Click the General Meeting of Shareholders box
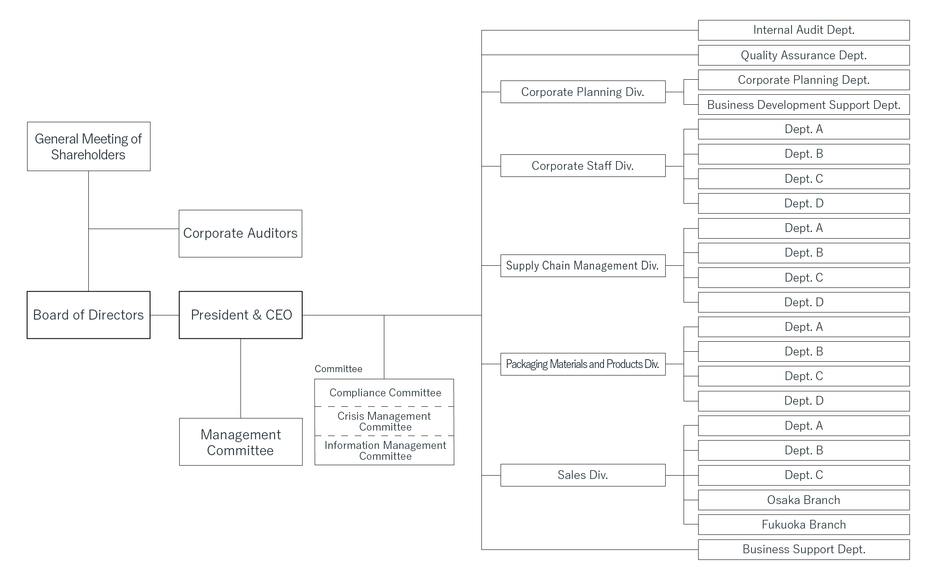click(88, 146)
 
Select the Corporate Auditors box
click(241, 234)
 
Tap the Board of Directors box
click(88, 315)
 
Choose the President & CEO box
click(241, 315)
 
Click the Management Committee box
click(241, 442)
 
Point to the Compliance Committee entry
click(384, 393)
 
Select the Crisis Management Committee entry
click(384, 421)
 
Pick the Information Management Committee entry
click(384, 451)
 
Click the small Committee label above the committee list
click(338, 369)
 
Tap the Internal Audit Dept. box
click(804, 30)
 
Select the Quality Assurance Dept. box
click(804, 55)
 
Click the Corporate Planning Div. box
click(583, 92)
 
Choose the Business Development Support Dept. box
click(804, 105)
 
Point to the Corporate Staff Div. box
click(583, 166)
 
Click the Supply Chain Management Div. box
click(583, 266)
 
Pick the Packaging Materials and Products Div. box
click(583, 364)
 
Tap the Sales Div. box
click(583, 475)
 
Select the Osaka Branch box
click(804, 500)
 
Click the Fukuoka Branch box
click(804, 524)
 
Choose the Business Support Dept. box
click(804, 549)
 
